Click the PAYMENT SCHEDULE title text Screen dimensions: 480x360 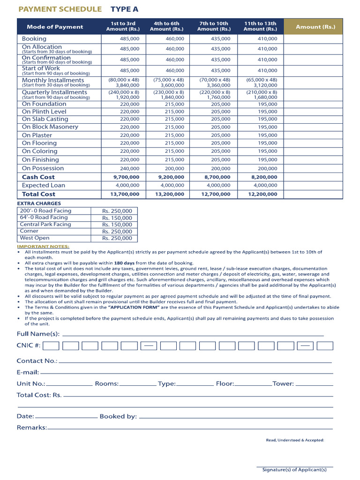(59, 9)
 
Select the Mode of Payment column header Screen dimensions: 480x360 (55, 27)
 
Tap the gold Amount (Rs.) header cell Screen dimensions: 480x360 (315, 27)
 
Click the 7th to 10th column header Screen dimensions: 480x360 (214, 26)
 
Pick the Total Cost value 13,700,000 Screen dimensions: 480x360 (124, 194)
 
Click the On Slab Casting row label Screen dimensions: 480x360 (45, 119)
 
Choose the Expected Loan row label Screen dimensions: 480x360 (44, 185)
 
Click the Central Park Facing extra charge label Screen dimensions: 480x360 (45, 225)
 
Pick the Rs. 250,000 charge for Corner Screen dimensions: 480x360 (117, 232)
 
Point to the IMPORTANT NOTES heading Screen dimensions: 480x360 (43, 246)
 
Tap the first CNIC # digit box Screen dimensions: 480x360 (51, 346)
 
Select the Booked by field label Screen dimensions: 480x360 (118, 416)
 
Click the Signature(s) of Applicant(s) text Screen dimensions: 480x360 (294, 469)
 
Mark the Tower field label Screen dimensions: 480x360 (283, 383)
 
